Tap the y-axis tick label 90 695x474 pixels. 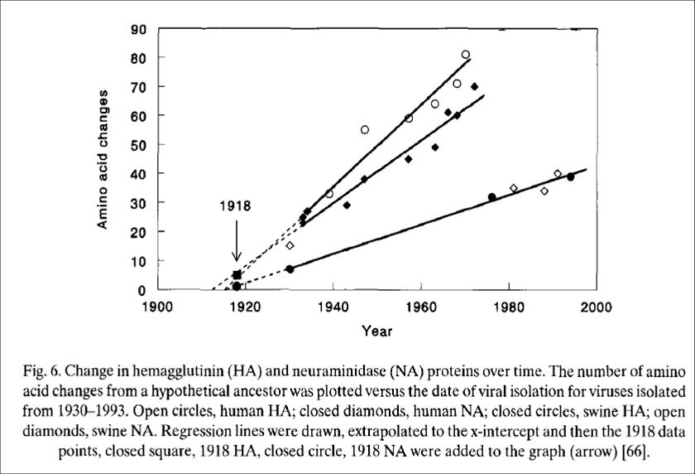tap(138, 29)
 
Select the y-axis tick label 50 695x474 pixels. tap(138, 145)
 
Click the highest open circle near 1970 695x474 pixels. tap(466, 55)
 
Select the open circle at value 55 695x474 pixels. tap(365, 130)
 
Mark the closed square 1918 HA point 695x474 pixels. tap(237, 274)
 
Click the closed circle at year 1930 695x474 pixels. tap(290, 268)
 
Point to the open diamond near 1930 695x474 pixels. tap(290, 245)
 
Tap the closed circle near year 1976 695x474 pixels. tap(492, 197)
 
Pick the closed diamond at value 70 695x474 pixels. tap(474, 86)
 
